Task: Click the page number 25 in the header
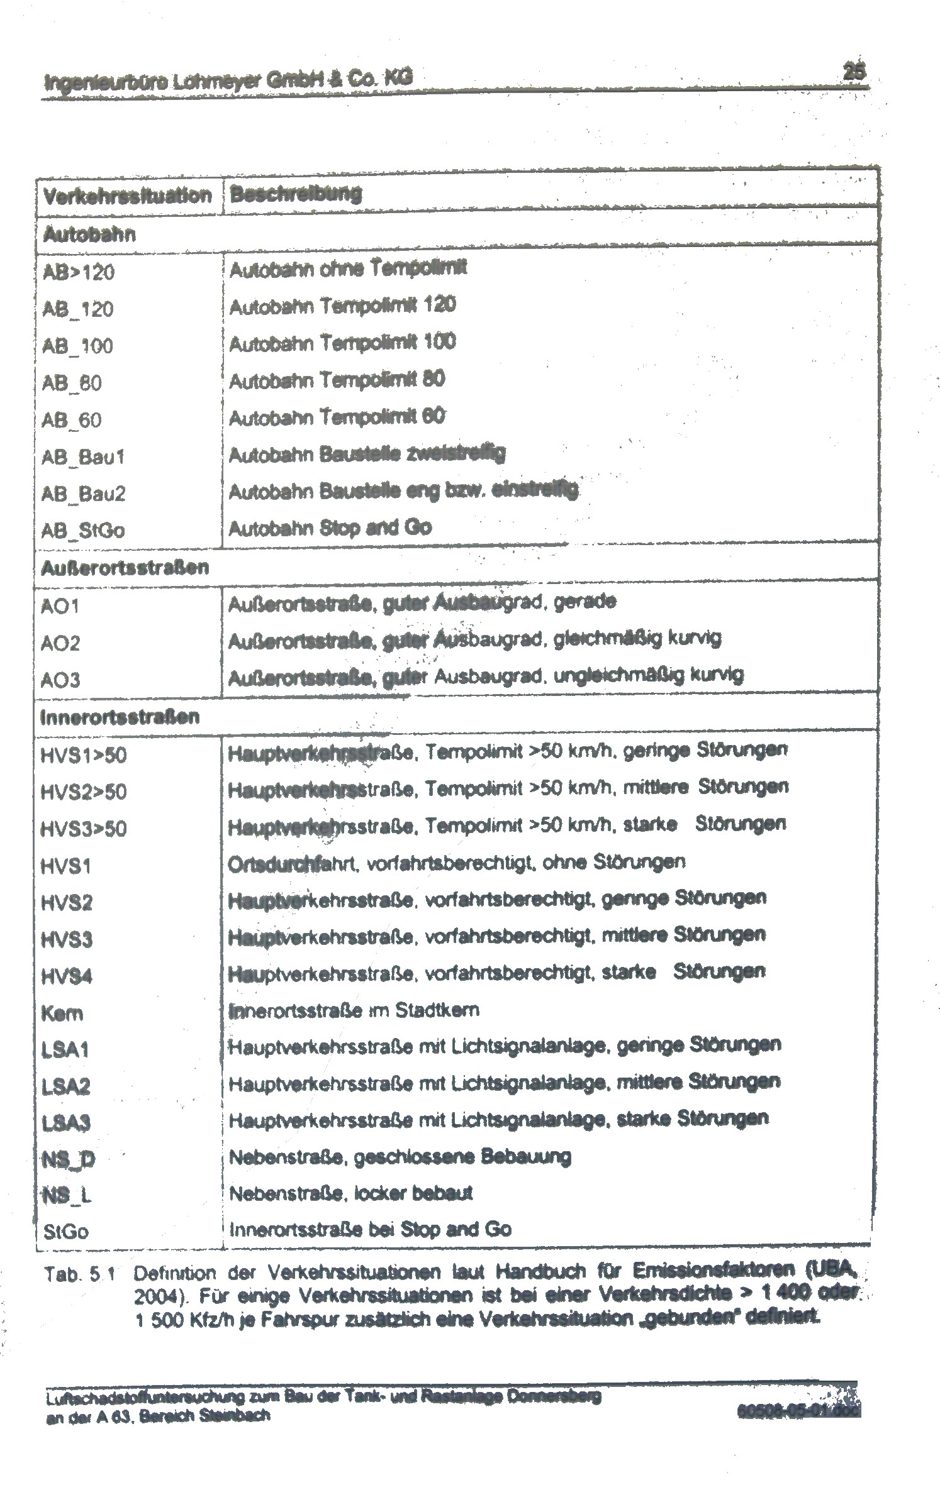853,72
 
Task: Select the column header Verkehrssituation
127,196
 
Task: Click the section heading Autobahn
89,235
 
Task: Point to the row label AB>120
78,272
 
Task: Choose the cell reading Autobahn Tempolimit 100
342,343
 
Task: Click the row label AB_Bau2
83,494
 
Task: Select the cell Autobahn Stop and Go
330,527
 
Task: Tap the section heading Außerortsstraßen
124,568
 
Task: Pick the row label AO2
60,643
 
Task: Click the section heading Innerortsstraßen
120,717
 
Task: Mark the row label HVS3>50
83,829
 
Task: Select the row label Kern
62,1013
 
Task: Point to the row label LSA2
65,1086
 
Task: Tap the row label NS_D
68,1159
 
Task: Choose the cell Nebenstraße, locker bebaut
350,1193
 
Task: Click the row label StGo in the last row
65,1231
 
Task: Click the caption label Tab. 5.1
79,1275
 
